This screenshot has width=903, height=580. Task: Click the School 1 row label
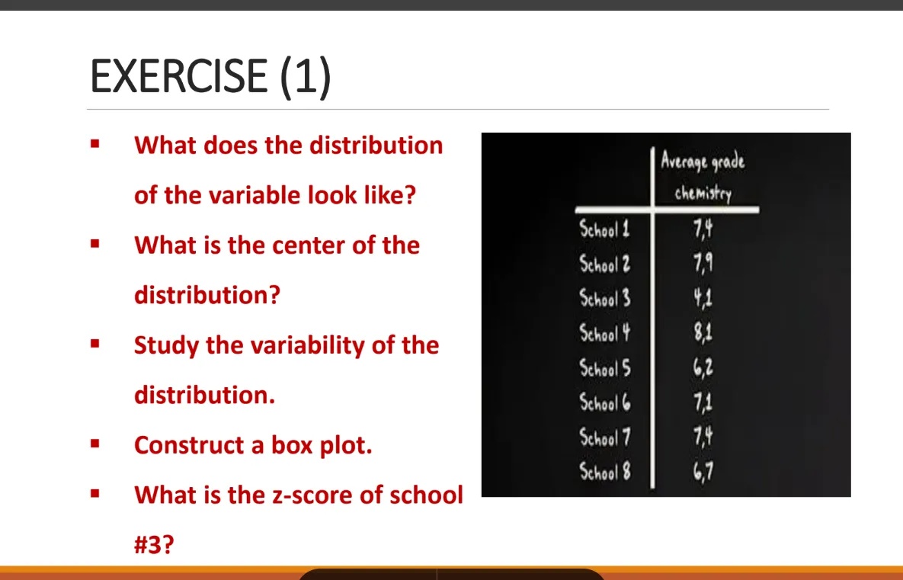pyautogui.click(x=604, y=229)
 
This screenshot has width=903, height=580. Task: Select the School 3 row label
pyautogui.click(x=604, y=298)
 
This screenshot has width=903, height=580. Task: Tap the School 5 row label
pyautogui.click(x=604, y=368)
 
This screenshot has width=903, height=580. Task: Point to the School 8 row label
pyautogui.click(x=604, y=472)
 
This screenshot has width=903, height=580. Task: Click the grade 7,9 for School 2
pyautogui.click(x=703, y=264)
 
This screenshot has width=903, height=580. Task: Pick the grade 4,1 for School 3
pyautogui.click(x=703, y=298)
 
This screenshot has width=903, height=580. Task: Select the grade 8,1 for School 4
pyautogui.click(x=703, y=333)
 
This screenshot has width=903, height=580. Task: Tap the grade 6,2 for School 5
pyautogui.click(x=703, y=368)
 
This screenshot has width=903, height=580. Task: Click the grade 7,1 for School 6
pyautogui.click(x=703, y=402)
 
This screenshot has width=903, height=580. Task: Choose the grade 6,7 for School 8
pyautogui.click(x=703, y=472)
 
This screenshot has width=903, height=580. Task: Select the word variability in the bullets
pyautogui.click(x=303, y=345)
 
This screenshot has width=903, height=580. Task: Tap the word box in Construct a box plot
pyautogui.click(x=279, y=445)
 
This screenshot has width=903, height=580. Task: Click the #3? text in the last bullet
pyautogui.click(x=154, y=545)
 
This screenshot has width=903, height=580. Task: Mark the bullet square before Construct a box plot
pyautogui.click(x=95, y=443)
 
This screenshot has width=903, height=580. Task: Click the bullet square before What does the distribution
pyautogui.click(x=95, y=143)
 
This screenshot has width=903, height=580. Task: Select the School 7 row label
pyautogui.click(x=604, y=437)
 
